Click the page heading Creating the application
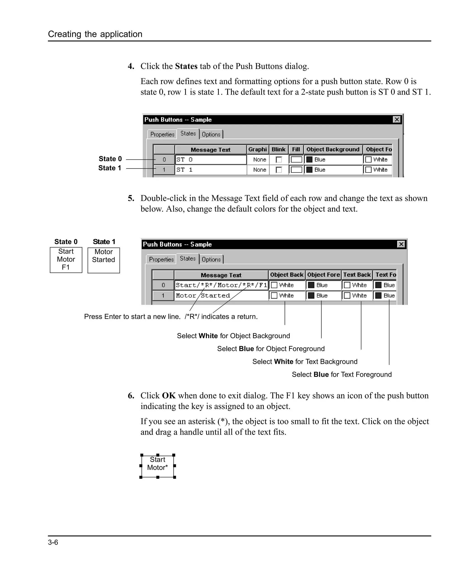[95, 34]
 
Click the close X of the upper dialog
[397, 119]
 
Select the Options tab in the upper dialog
[211, 134]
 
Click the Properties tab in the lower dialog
[161, 259]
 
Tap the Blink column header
[279, 149]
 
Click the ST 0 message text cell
[210, 159]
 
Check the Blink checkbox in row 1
[279, 170]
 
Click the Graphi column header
[257, 149]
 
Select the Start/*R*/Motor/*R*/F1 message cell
[221, 285]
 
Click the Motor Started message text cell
[221, 296]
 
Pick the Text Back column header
[357, 275]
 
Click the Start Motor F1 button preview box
[66, 260]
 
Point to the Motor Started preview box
[104, 260]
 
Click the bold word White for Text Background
[283, 362]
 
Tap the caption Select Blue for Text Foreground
[341, 374]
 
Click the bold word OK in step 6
[169, 395]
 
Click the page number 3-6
[53, 542]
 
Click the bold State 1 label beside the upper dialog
[110, 168]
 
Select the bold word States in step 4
[186, 66]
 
